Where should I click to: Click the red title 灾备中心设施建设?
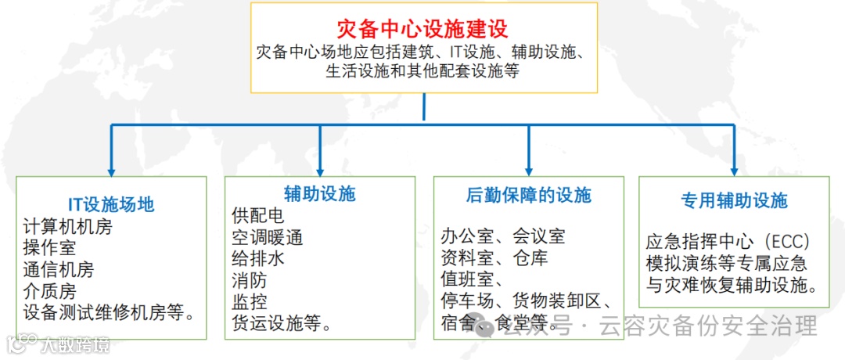click(x=422, y=29)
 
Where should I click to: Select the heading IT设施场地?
click(x=111, y=205)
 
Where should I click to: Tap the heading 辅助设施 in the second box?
click(x=320, y=193)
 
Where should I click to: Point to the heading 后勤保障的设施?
click(x=528, y=196)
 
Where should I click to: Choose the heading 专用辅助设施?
click(x=734, y=200)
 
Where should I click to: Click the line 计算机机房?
click(x=68, y=227)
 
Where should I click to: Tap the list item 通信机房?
click(x=59, y=270)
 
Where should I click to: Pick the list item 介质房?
click(x=50, y=291)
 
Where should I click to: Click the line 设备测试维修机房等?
click(x=109, y=312)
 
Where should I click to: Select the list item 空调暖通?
click(x=268, y=236)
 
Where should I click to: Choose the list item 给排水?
click(x=258, y=258)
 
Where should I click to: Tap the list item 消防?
click(x=250, y=279)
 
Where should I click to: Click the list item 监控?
click(x=250, y=301)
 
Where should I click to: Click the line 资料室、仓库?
click(x=494, y=257)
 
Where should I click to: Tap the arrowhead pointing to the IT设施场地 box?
click(x=112, y=170)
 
